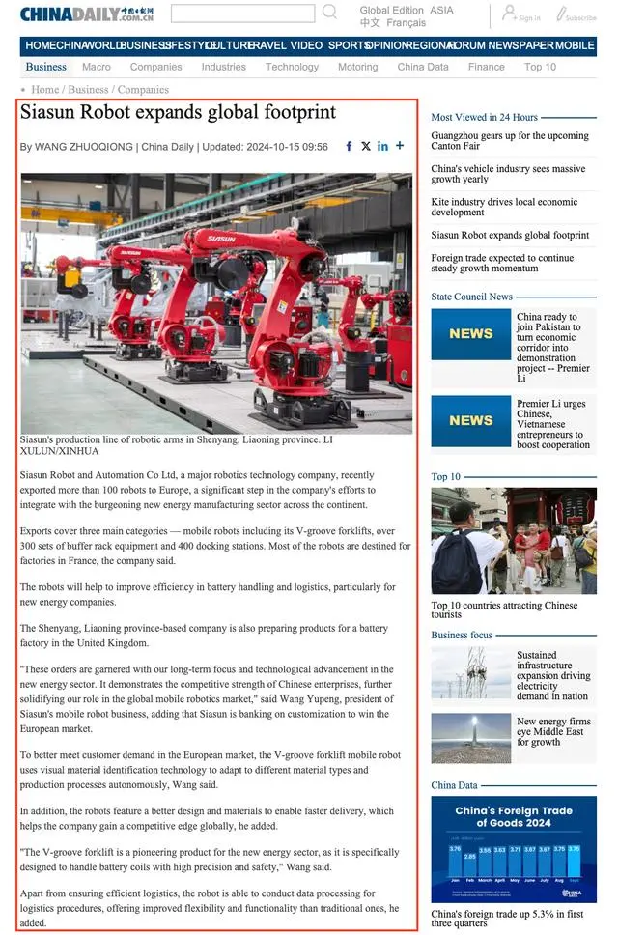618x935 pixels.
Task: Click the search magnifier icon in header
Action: point(329,12)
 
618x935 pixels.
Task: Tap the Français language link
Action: point(406,23)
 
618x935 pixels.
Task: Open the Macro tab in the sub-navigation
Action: point(97,67)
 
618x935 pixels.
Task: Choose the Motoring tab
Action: point(357,67)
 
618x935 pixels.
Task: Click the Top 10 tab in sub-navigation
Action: point(540,67)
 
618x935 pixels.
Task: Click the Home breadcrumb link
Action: point(45,90)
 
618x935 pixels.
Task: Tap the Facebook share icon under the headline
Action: point(349,146)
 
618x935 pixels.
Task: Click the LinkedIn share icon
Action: point(382,146)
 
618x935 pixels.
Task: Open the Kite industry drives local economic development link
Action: point(504,207)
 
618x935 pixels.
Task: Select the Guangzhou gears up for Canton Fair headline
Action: point(509,142)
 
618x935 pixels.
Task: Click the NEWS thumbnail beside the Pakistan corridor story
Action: point(470,334)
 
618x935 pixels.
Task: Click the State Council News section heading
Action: point(471,297)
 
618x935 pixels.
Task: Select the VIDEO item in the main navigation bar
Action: point(306,45)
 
